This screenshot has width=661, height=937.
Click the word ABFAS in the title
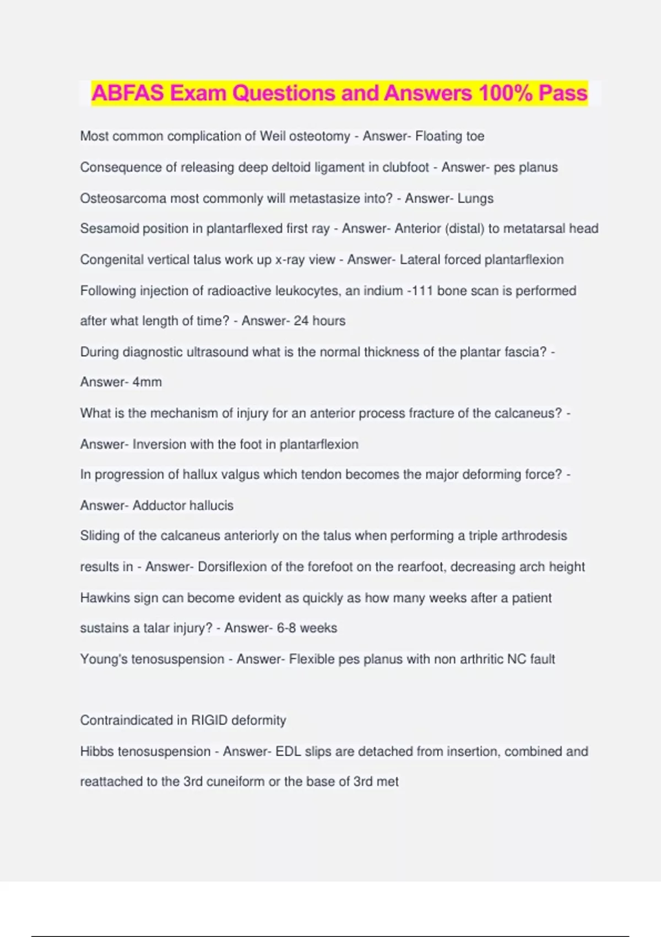[x=128, y=93]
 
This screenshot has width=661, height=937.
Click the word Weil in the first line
[x=273, y=136]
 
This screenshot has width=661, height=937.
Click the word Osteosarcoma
[x=123, y=198]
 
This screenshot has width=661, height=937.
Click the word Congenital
[x=113, y=260]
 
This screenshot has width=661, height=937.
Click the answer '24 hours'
[x=319, y=321]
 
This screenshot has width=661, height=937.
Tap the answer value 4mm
[x=147, y=382]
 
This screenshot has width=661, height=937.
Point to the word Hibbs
[x=97, y=751]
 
